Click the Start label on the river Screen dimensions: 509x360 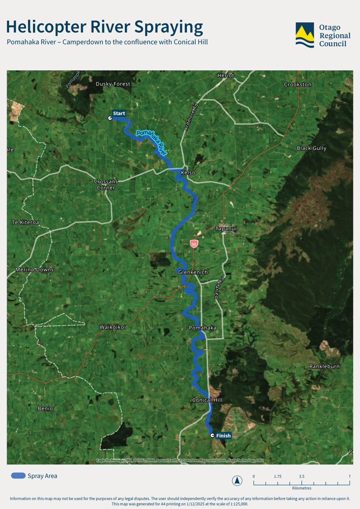coord(119,113)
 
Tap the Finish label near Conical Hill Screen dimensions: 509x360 coord(223,436)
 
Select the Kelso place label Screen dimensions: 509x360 coord(188,173)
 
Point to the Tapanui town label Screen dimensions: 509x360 coord(226,229)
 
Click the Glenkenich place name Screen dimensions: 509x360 coord(193,272)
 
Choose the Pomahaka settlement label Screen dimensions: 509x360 coord(203,328)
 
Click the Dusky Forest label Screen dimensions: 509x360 coord(113,84)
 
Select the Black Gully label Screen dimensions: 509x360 coord(312,148)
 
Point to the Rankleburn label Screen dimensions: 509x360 coord(324,366)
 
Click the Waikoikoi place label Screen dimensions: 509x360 coord(113,327)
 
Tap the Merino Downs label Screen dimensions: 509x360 coord(35,269)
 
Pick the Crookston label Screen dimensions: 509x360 coord(298,84)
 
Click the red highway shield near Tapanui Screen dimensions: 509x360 coord(194,244)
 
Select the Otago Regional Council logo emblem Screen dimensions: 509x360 coord(305,35)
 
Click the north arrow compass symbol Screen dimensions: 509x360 coord(237,480)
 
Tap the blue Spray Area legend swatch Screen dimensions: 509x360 coord(18,476)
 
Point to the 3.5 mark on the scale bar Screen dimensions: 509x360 coord(302,476)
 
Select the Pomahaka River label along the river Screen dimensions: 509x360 coord(152,142)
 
